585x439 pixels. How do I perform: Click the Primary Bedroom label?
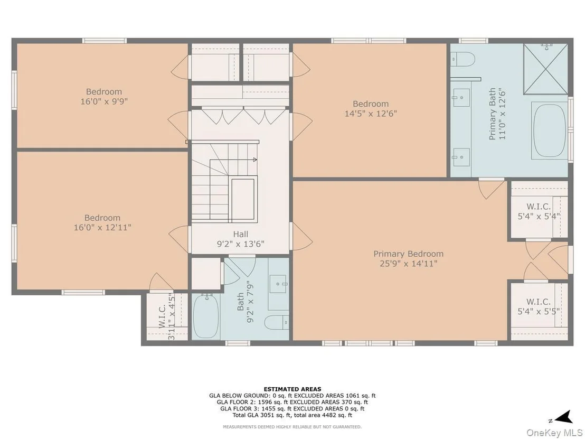tap(409, 254)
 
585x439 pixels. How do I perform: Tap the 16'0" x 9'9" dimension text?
tap(104, 101)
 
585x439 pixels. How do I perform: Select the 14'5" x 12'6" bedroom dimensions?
tap(371, 114)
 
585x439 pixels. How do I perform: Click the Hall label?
tap(241, 235)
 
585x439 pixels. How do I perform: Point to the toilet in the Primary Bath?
tap(463, 59)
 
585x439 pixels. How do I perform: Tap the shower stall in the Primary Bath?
tap(546, 69)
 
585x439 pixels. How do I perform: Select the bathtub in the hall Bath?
tap(206, 316)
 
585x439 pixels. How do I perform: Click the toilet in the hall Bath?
tap(277, 322)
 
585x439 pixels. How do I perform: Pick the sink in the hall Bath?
tap(278, 284)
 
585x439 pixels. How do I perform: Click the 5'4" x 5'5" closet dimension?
tap(539, 311)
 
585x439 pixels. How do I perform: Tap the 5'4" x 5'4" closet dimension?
tap(539, 216)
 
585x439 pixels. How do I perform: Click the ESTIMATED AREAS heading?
tap(292, 389)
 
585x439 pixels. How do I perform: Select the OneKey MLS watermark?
tap(554, 432)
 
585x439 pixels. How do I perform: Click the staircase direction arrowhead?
tap(255, 160)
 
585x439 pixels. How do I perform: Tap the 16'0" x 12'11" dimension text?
tap(102, 227)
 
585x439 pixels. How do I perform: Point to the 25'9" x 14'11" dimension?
tap(409, 264)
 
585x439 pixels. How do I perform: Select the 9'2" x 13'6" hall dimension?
tap(241, 244)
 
